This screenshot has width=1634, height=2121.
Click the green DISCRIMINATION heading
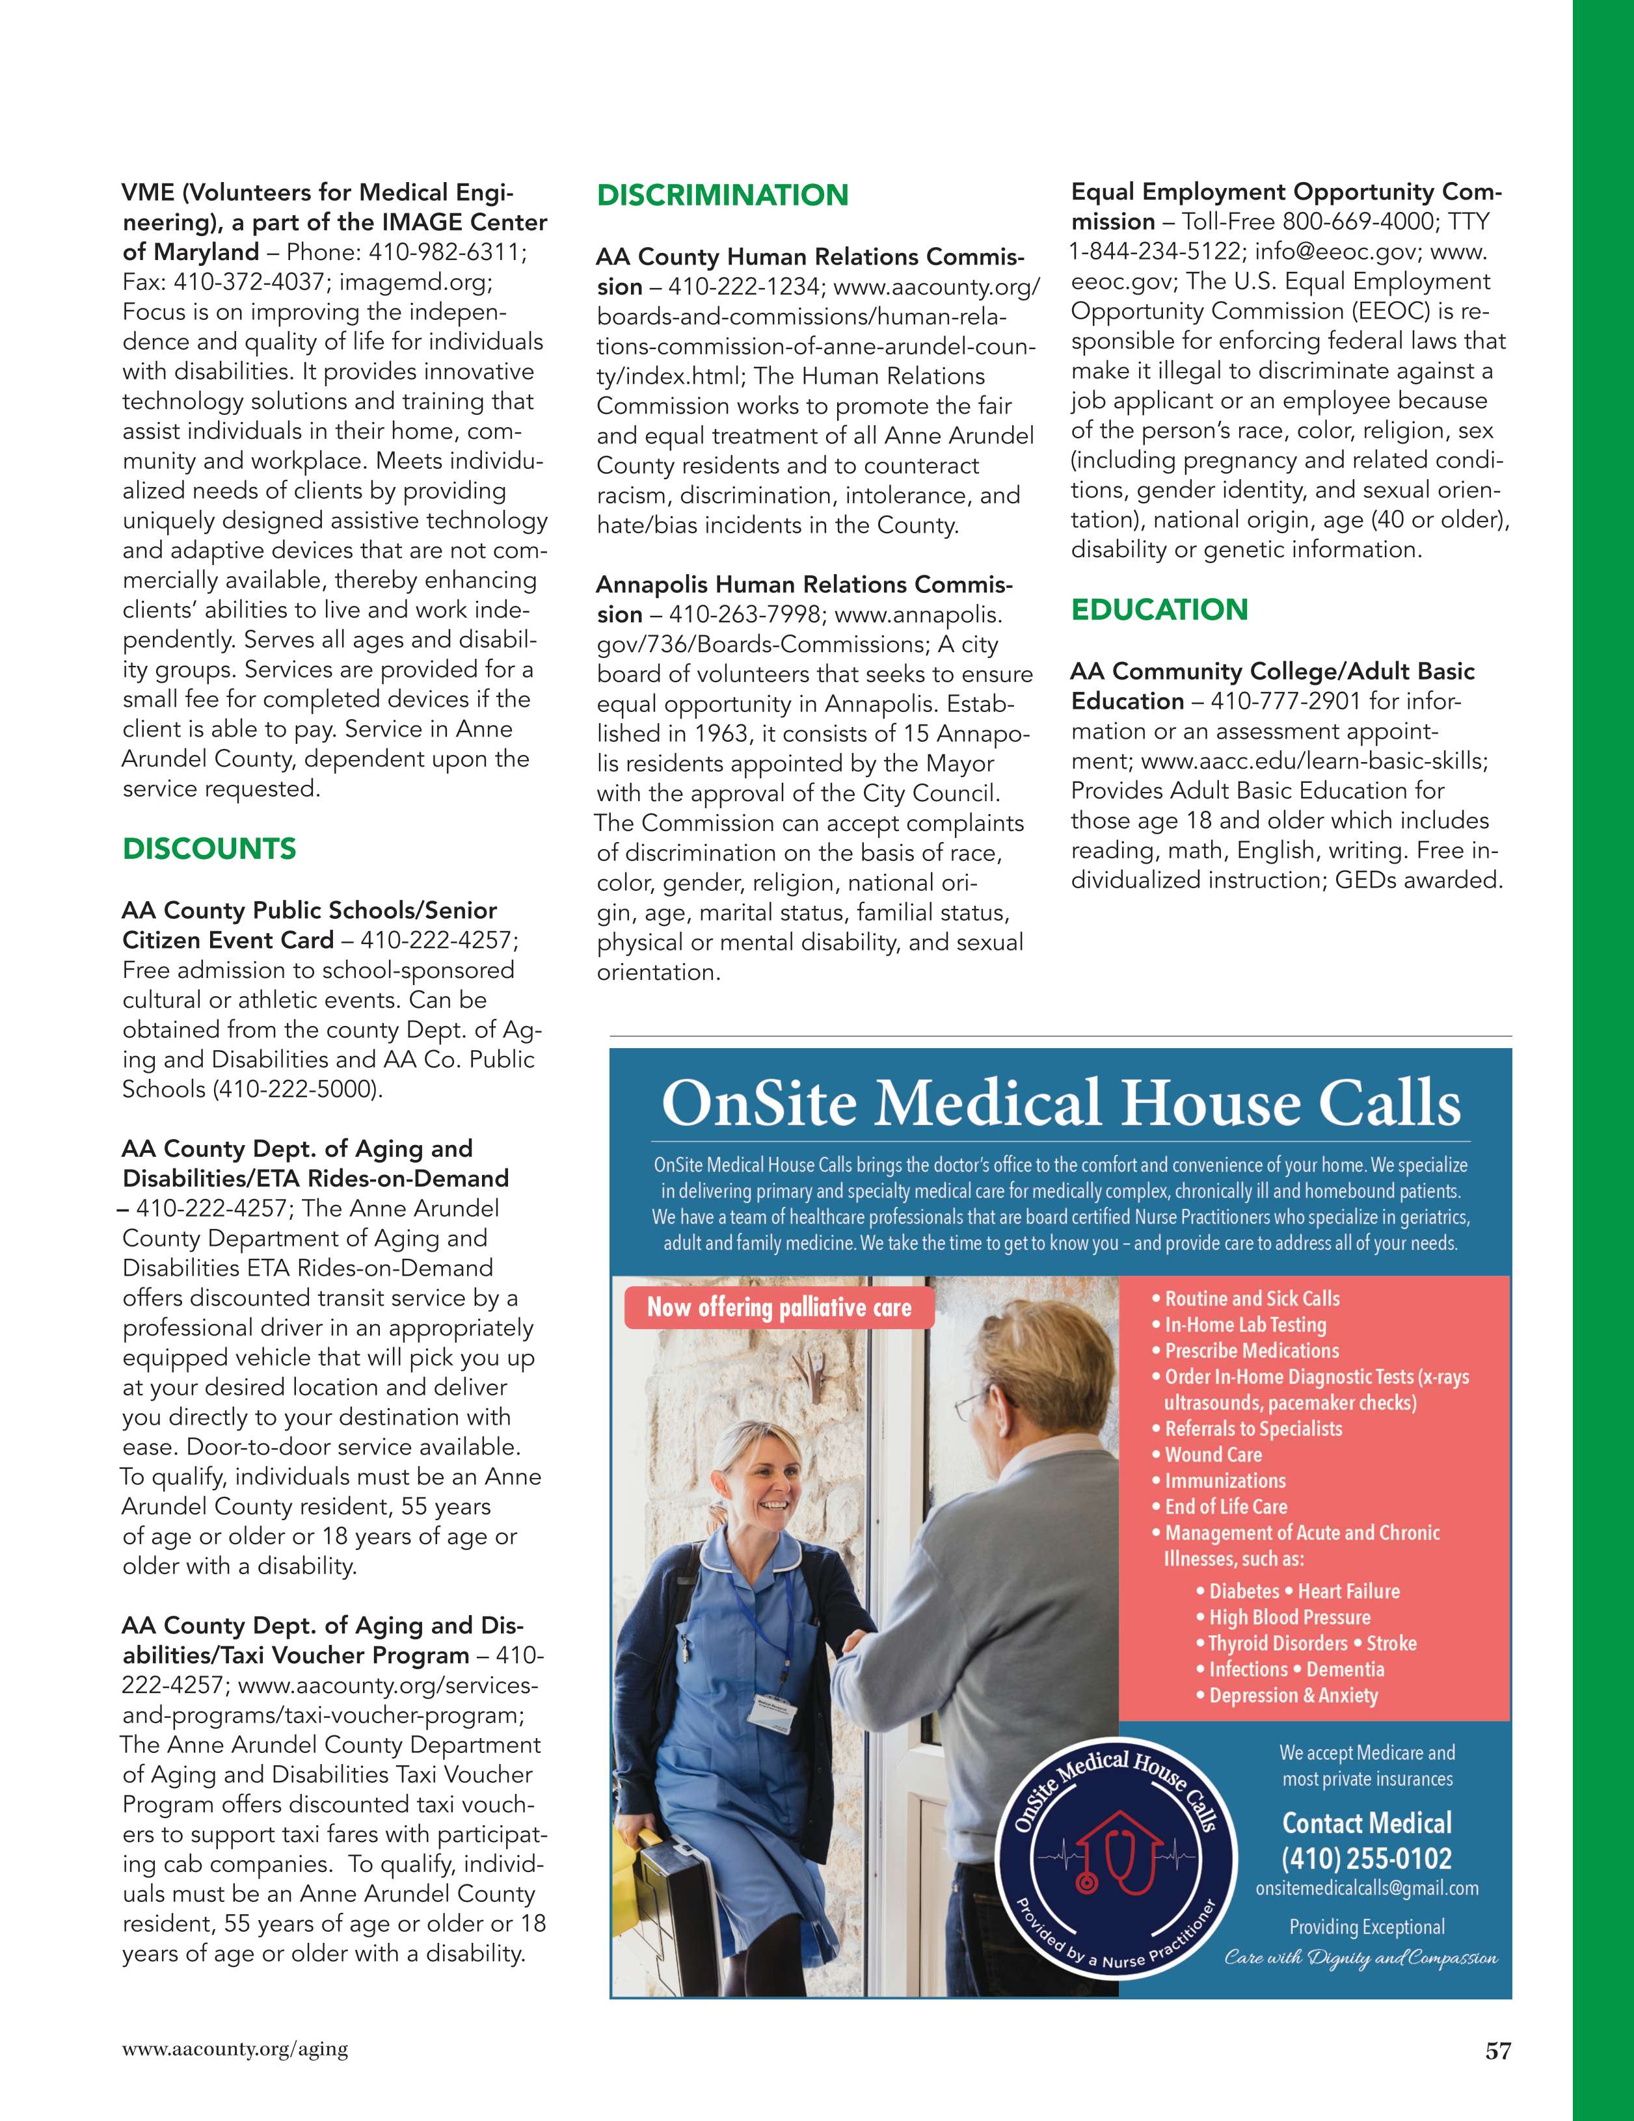(722, 195)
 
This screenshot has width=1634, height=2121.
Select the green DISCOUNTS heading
(209, 849)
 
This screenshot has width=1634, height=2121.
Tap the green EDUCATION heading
(1159, 610)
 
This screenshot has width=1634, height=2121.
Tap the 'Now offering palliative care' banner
(779, 1307)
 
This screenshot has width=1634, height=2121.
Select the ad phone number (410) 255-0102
(1366, 1859)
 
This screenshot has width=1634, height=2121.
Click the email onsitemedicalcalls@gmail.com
(1367, 1889)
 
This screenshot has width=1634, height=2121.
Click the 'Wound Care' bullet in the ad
(1212, 1455)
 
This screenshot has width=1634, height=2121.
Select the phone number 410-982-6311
(448, 252)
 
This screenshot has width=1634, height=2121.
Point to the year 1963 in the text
(723, 734)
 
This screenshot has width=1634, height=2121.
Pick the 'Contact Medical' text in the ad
(1366, 1823)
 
